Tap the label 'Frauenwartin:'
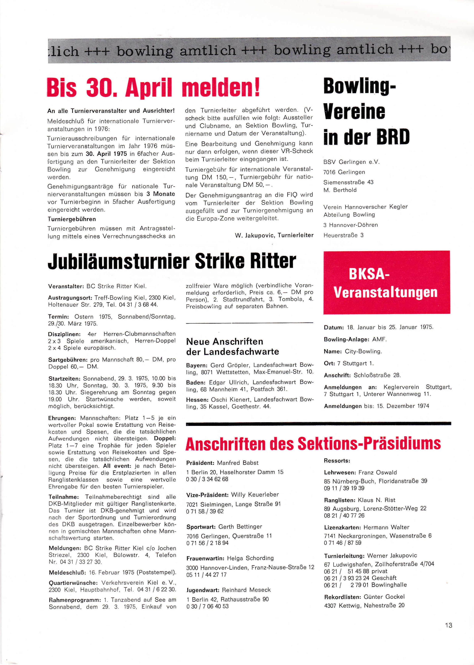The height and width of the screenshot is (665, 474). [205, 558]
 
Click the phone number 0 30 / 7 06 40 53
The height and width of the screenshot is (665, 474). [207, 606]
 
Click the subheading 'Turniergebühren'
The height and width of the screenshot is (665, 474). [72, 219]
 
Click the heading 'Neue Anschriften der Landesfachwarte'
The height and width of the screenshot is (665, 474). [232, 347]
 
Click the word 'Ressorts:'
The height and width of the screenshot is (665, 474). [337, 461]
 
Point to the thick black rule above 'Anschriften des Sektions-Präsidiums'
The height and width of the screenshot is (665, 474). [318, 423]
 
